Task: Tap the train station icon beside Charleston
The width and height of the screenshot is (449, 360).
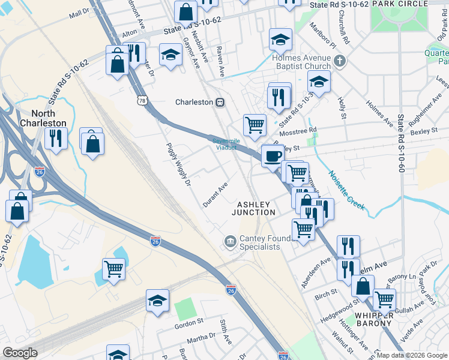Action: click(x=220, y=102)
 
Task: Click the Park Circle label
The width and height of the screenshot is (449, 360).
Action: click(x=399, y=4)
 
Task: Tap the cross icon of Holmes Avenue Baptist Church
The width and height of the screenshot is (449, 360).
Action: click(x=340, y=61)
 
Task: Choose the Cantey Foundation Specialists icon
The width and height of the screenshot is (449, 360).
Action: click(x=230, y=241)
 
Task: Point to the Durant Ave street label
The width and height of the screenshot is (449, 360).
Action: click(x=215, y=196)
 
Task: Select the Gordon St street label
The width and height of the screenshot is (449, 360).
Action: click(x=189, y=325)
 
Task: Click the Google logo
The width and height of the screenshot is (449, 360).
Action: click(x=20, y=353)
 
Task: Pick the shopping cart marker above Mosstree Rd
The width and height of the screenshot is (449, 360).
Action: click(x=255, y=125)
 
